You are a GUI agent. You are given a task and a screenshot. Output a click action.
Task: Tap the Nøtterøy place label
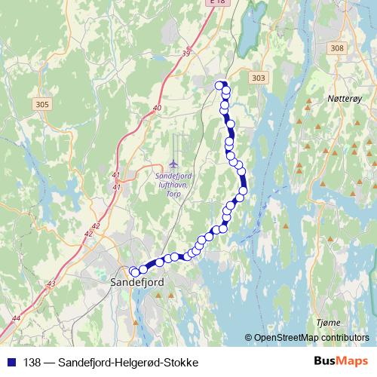click(346, 98)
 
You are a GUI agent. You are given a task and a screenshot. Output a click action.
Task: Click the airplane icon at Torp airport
click(174, 163)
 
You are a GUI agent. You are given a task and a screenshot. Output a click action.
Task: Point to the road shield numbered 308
click(336, 48)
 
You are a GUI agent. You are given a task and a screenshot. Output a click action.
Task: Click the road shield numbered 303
click(259, 78)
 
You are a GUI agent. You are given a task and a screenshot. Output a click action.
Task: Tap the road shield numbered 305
click(42, 105)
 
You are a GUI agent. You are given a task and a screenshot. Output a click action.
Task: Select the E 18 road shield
click(218, 2)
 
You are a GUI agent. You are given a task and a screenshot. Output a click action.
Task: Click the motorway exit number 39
click(186, 53)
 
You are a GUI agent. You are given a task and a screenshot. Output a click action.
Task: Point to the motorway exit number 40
click(157, 109)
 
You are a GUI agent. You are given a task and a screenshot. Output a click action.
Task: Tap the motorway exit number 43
click(51, 284)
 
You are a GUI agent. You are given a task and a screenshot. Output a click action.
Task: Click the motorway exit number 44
click(17, 318)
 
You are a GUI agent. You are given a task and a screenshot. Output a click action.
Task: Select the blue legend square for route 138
click(9, 363)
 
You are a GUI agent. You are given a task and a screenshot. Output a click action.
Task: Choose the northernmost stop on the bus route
click(221, 84)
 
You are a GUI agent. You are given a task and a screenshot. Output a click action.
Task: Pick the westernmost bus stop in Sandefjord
click(134, 271)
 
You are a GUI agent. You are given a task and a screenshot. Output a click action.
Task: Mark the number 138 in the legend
click(32, 363)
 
